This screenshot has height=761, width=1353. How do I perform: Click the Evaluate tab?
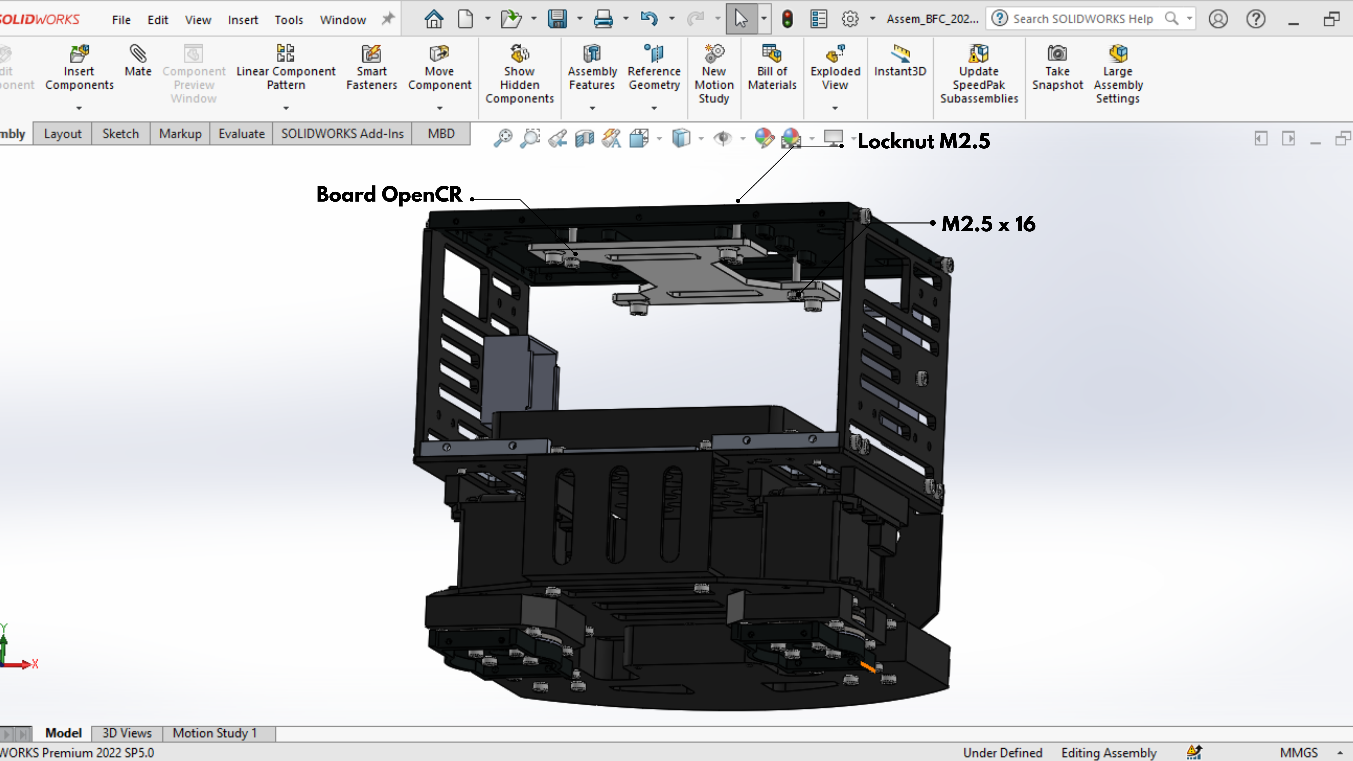(x=241, y=134)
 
